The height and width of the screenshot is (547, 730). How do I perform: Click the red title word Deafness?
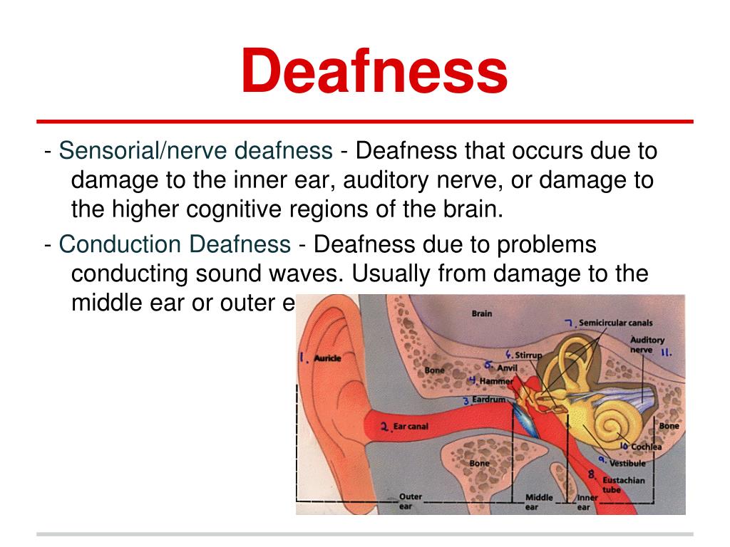[x=374, y=73]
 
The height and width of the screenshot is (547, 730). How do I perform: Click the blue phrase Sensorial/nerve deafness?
[x=195, y=151]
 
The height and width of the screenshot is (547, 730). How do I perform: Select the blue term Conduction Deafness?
[x=175, y=244]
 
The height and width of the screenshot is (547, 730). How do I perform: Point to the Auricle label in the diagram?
[x=327, y=358]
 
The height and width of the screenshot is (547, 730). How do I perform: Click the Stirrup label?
[x=528, y=355]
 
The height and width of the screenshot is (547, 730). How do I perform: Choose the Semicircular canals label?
[x=615, y=323]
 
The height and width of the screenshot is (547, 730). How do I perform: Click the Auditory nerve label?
[x=647, y=345]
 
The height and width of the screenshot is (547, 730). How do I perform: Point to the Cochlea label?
[x=646, y=447]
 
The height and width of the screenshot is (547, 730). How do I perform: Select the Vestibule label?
[x=627, y=463]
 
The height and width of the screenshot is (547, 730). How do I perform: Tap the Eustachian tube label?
[x=623, y=484]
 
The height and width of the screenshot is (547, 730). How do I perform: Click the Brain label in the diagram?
[x=482, y=313]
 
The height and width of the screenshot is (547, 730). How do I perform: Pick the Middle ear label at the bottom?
[x=539, y=502]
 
